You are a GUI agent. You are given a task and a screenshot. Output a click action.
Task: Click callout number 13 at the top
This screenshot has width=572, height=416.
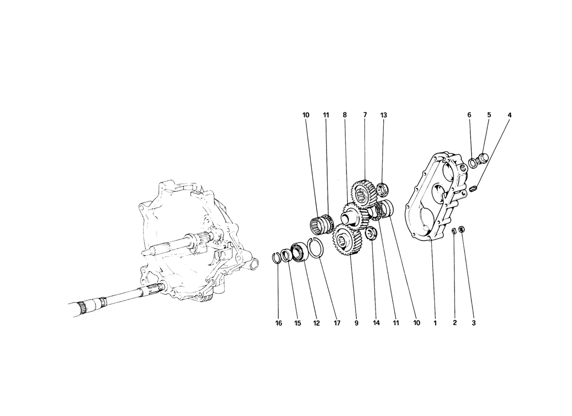(x=383, y=115)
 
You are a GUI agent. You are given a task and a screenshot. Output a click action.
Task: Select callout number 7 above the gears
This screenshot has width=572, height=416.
(x=365, y=115)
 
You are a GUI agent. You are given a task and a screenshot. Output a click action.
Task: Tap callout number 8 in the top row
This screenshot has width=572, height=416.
(x=344, y=115)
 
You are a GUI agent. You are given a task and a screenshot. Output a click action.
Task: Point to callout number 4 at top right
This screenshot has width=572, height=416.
(x=510, y=115)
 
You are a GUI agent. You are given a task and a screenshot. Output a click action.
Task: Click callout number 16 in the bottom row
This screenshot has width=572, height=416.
(x=279, y=323)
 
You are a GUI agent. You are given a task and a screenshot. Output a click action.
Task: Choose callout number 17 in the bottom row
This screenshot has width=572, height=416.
(x=337, y=323)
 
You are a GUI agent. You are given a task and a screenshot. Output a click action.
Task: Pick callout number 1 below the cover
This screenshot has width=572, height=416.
(x=435, y=323)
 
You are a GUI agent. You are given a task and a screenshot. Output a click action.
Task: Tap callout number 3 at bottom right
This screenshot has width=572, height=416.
(x=474, y=323)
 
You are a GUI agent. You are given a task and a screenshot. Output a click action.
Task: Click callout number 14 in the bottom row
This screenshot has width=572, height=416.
(x=376, y=323)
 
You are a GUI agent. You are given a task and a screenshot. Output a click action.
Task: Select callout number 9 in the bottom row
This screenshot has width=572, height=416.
(x=356, y=323)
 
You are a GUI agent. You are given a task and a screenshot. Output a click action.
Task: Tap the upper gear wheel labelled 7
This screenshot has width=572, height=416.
(x=363, y=190)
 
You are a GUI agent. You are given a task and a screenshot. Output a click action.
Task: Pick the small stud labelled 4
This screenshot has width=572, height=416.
(x=474, y=189)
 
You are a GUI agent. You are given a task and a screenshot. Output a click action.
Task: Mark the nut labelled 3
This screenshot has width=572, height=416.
(x=461, y=230)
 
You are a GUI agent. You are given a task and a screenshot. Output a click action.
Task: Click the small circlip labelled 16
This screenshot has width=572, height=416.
(x=278, y=257)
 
